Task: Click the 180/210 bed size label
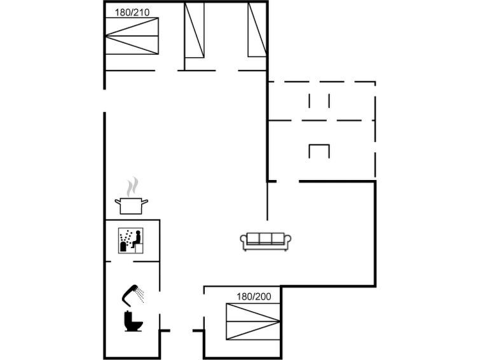132,13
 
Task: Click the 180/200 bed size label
254,296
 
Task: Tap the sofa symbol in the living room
265,242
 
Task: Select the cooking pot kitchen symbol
132,206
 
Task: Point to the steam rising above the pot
132,186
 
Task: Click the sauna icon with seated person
131,240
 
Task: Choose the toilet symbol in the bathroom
133,321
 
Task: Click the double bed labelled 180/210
132,36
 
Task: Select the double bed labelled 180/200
253,321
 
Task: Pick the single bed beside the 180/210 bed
195,30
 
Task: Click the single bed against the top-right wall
257,30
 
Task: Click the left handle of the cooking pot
118,201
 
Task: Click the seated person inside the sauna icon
137,239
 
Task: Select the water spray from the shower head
141,294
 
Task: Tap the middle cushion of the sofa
265,238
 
